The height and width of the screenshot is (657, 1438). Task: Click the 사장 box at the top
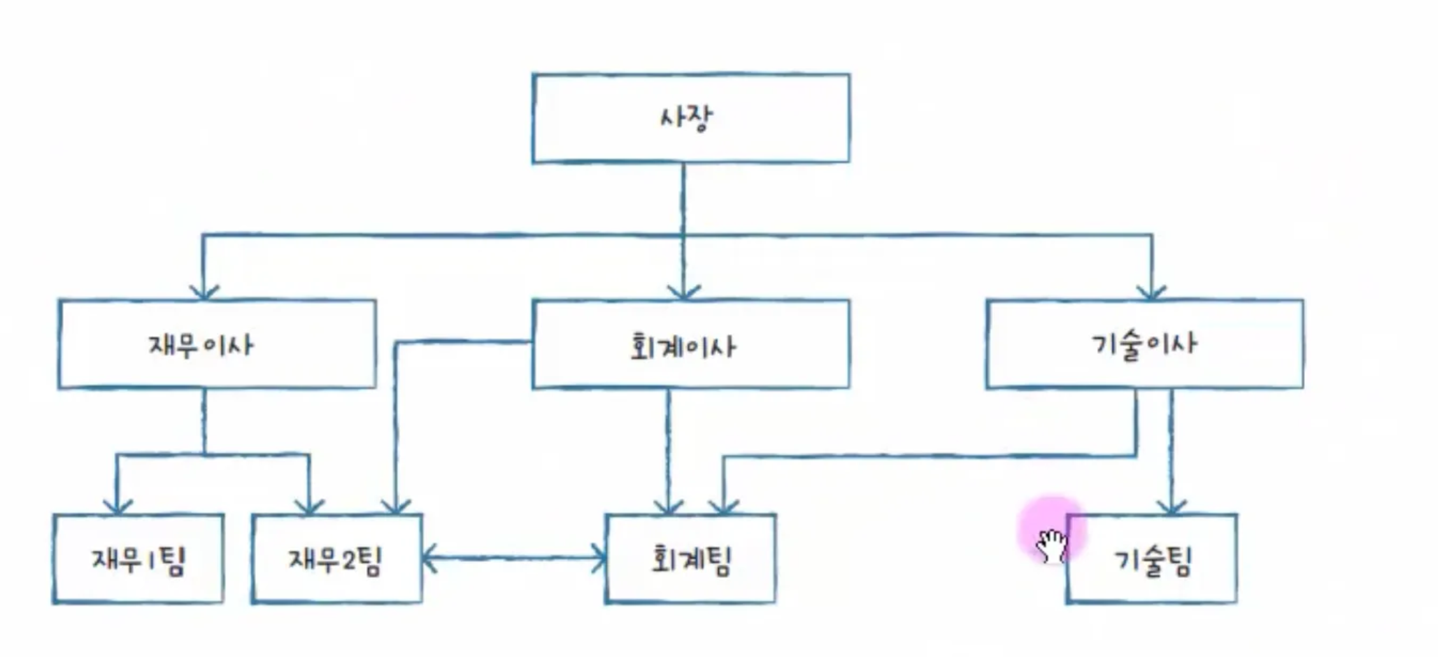(691, 118)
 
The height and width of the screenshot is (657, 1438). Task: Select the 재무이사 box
(217, 344)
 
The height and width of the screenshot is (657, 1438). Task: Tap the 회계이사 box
(691, 344)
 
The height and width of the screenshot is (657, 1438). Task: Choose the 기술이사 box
(1144, 344)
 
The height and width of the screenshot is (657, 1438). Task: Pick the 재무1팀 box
(138, 559)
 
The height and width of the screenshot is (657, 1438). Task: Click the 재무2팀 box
(337, 559)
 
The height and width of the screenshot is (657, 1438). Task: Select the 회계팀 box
(691, 559)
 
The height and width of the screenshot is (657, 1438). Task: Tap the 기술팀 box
(1152, 559)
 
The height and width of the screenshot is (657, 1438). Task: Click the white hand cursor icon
(1051, 545)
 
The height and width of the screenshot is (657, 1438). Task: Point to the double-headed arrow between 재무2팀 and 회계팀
(513, 559)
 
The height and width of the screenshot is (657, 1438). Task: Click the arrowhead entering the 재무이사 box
(203, 292)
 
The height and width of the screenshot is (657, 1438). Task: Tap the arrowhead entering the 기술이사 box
(1151, 292)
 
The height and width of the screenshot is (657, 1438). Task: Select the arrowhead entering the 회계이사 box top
(683, 292)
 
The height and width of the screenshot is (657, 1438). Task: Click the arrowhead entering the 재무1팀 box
(117, 507)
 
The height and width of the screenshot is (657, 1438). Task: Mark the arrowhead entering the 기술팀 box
(1172, 507)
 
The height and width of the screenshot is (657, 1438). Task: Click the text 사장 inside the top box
(686, 118)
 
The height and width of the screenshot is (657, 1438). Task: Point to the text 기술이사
(1144, 344)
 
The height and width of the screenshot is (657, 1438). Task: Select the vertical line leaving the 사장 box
(683, 197)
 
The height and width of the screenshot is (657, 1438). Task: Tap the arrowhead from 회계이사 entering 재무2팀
(395, 507)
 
